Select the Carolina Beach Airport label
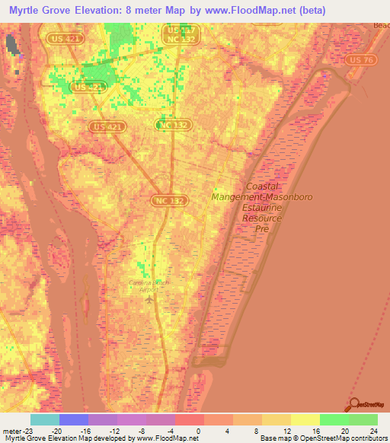pos(149,286)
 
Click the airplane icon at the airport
pos(149,298)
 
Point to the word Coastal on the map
pos(264,186)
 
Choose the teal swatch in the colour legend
pos(44,419)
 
